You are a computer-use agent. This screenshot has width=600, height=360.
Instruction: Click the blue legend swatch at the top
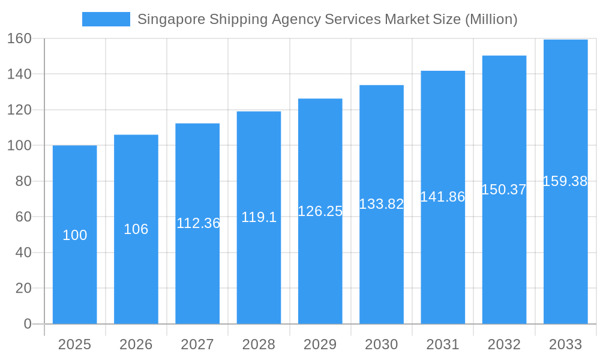click(106, 19)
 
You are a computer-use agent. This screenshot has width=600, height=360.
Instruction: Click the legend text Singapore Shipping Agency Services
click(259, 19)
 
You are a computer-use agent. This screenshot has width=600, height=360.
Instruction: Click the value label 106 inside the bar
click(136, 229)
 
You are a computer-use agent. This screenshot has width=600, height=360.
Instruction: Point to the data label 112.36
click(198, 223)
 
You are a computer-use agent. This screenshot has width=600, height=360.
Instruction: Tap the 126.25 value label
click(320, 211)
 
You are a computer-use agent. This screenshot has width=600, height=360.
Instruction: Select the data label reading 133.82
click(382, 204)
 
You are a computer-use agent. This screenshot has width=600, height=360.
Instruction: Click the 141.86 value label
click(443, 197)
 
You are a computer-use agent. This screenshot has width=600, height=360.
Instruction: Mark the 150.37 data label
click(504, 190)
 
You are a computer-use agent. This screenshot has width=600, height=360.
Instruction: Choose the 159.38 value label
click(565, 181)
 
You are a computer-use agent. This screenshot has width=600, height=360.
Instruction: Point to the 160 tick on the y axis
click(19, 38)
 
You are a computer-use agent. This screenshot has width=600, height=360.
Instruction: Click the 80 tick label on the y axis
click(23, 181)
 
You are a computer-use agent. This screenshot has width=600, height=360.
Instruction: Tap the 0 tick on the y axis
click(28, 324)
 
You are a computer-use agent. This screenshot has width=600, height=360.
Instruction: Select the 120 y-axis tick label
click(19, 110)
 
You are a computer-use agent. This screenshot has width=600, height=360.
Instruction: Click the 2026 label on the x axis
click(136, 344)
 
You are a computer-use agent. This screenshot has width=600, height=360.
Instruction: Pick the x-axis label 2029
click(320, 344)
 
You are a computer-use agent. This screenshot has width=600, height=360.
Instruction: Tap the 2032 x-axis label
click(504, 344)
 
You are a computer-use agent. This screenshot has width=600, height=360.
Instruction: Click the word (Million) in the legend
click(491, 19)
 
